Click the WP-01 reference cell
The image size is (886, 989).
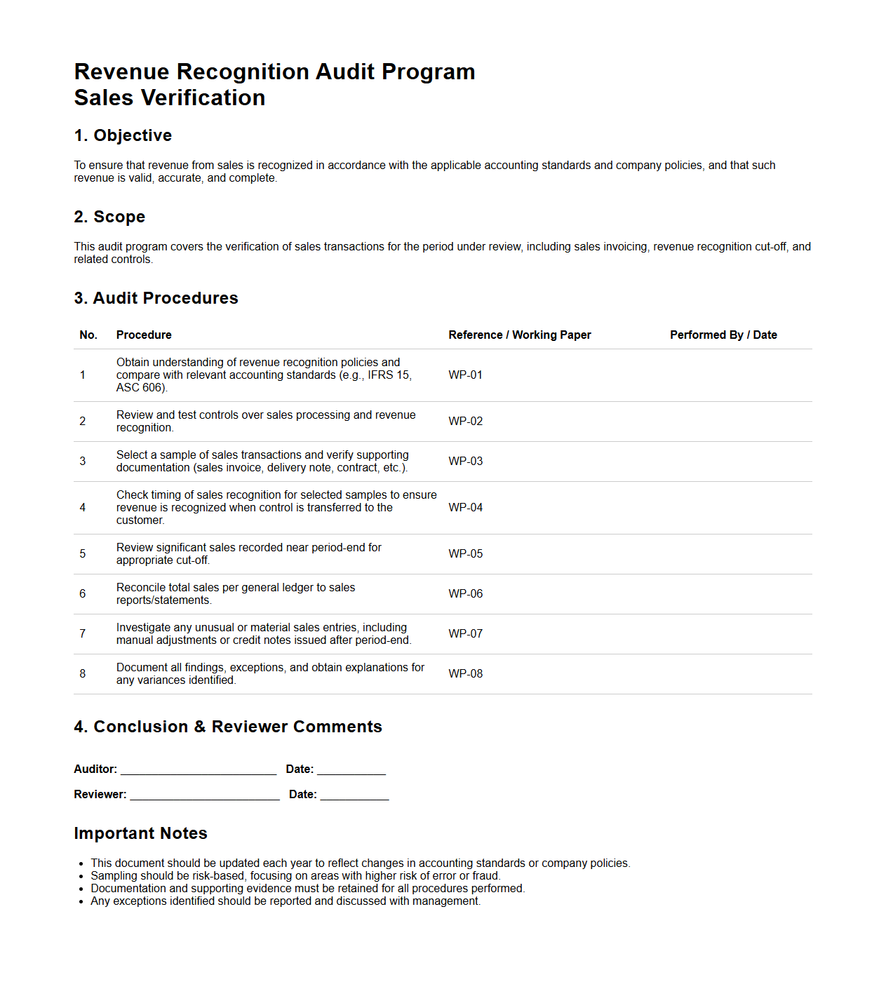(x=465, y=375)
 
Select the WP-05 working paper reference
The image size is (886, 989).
(x=465, y=554)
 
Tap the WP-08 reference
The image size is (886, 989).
(x=465, y=674)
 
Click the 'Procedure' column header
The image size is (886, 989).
(x=144, y=335)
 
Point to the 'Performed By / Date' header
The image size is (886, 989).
(x=723, y=335)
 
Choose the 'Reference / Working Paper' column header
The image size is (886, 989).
(x=520, y=335)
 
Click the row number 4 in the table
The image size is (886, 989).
(x=83, y=508)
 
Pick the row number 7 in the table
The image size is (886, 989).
(x=83, y=634)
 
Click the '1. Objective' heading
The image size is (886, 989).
(x=123, y=135)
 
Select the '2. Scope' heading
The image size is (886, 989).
(x=109, y=217)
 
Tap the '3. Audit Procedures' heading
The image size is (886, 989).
(x=156, y=298)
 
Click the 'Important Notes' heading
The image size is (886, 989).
(x=140, y=833)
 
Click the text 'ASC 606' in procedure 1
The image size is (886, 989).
(x=140, y=388)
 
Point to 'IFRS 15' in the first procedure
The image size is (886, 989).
(x=389, y=375)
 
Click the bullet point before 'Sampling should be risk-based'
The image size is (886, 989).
(x=82, y=877)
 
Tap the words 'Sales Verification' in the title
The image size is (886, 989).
(x=170, y=97)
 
